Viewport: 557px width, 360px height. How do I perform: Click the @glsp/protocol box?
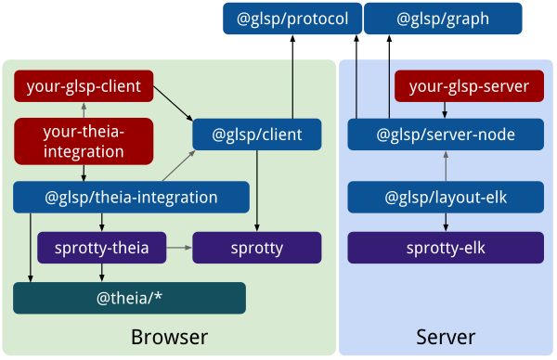291,18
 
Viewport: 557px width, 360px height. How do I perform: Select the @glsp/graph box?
443,18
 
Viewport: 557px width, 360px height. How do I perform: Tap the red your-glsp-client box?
84,86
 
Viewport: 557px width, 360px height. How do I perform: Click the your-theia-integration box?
84,140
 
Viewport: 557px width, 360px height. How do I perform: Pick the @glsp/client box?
257,135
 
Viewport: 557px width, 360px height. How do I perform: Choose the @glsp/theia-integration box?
131,197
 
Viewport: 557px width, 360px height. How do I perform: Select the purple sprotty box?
257,248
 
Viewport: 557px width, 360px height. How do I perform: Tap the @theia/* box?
129,298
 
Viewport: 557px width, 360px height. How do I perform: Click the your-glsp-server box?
469,86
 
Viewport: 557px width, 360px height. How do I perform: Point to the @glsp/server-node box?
445,135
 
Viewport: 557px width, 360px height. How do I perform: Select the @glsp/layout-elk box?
445,197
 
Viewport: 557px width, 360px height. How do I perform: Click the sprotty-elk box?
445,248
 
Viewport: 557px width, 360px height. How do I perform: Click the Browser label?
169,336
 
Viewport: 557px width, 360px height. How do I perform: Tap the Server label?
446,336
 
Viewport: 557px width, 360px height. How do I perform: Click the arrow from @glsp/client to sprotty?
257,190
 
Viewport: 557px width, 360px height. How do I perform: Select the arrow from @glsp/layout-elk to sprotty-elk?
445,222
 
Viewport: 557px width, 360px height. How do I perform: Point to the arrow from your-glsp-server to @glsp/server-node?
445,110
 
